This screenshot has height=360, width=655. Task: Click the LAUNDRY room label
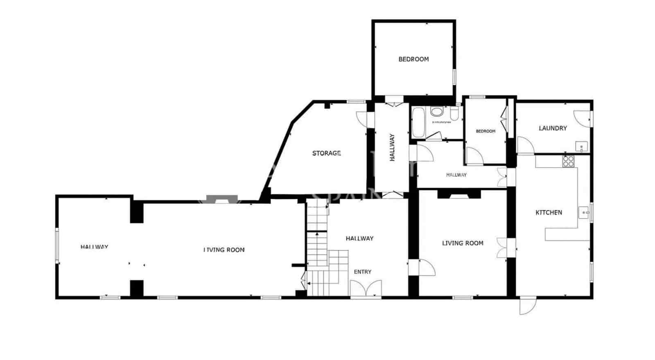[x=552, y=128]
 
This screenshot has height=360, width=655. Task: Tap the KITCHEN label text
[x=549, y=212]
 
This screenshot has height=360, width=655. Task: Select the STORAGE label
[x=326, y=153]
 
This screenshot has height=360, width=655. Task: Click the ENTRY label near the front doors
[x=362, y=272]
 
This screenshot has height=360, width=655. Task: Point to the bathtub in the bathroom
[x=418, y=122]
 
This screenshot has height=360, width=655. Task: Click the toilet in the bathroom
[x=454, y=112]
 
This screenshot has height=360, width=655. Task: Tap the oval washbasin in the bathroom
[x=437, y=111]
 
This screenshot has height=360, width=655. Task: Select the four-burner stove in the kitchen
[x=568, y=161]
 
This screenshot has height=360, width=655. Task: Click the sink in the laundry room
[x=581, y=146]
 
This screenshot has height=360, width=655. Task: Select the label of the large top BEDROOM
[x=413, y=59]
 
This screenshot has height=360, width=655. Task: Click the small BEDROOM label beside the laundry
[x=486, y=131]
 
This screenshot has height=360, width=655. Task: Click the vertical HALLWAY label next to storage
[x=392, y=147]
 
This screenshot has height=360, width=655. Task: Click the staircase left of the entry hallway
[x=318, y=254]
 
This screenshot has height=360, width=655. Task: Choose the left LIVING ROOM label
[x=224, y=250]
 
